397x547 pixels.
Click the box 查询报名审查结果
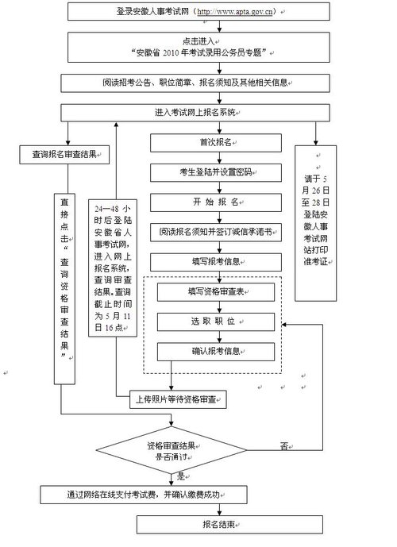pos(64,153)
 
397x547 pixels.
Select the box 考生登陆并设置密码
pos(216,171)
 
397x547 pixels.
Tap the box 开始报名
pos(216,202)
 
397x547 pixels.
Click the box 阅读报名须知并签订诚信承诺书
pos(216,232)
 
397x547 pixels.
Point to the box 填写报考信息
pos(216,260)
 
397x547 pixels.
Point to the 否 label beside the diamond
pos(283,446)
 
